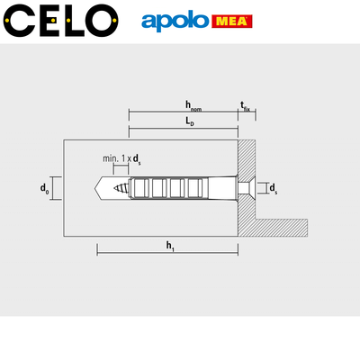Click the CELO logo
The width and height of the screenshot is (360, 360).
(x=60, y=21)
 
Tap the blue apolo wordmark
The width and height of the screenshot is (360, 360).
(x=175, y=22)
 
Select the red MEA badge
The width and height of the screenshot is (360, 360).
(x=232, y=22)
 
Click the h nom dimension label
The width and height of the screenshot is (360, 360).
(x=193, y=106)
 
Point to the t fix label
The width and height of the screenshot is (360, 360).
(x=245, y=106)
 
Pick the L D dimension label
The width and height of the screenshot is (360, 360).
(x=189, y=121)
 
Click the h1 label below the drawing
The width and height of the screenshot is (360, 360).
(x=170, y=246)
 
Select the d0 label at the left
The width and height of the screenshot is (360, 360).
(x=44, y=189)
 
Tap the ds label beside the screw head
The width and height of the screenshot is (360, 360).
(x=273, y=188)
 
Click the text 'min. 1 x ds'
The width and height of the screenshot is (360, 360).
(x=121, y=159)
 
